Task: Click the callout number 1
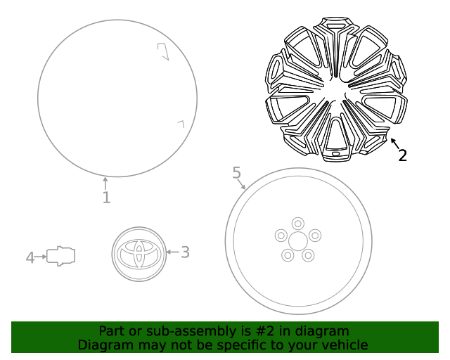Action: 106,198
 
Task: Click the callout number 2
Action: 402,155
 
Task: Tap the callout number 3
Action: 185,252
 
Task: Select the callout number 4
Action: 30,258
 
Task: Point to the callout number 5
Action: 236,172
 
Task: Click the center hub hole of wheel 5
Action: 298,241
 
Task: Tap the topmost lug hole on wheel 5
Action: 298,224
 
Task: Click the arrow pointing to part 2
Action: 394,143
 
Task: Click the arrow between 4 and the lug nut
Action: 41,257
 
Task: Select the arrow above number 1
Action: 105,183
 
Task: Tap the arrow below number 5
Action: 242,185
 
